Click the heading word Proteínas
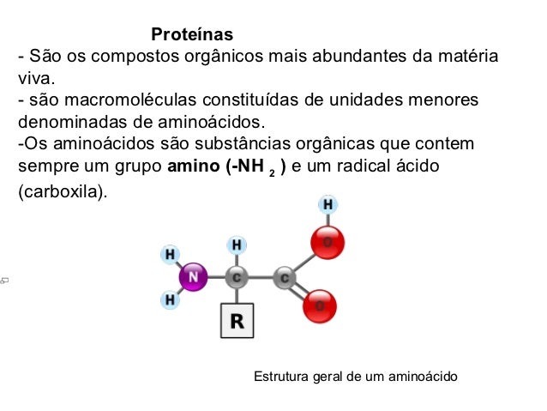tap(192, 35)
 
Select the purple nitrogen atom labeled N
tap(193, 276)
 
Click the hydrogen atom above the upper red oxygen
tap(328, 204)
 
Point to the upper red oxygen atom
tap(326, 243)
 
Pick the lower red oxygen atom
tap(320, 306)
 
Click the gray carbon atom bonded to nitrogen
tap(237, 277)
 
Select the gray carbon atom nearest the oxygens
tap(285, 277)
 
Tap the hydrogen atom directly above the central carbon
tap(237, 245)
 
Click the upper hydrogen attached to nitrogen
tap(171, 254)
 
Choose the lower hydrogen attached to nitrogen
tap(171, 299)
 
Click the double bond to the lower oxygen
tap(302, 293)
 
